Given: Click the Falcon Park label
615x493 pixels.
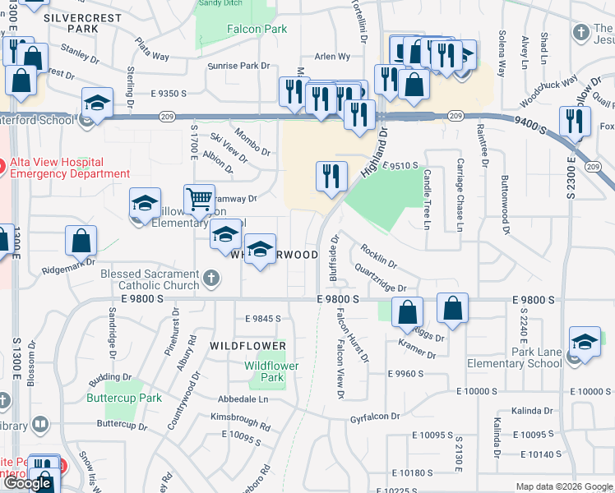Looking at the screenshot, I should [x=257, y=29].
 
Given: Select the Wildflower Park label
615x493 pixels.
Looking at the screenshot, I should [x=271, y=371].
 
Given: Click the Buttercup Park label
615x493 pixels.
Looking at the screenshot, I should [x=124, y=398].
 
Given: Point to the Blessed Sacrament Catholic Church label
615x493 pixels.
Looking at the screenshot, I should [x=149, y=280].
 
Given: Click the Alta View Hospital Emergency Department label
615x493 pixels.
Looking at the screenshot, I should [x=69, y=168].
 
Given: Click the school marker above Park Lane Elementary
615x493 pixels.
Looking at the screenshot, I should [x=584, y=343].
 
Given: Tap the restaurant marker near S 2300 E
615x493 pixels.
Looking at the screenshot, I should [x=575, y=121].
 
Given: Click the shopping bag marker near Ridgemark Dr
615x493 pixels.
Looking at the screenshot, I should [x=81, y=242].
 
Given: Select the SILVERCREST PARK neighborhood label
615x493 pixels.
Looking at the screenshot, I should [x=82, y=23].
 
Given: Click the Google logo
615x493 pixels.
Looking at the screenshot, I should [x=28, y=483].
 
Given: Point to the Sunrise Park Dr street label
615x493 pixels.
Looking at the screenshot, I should [x=238, y=66].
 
